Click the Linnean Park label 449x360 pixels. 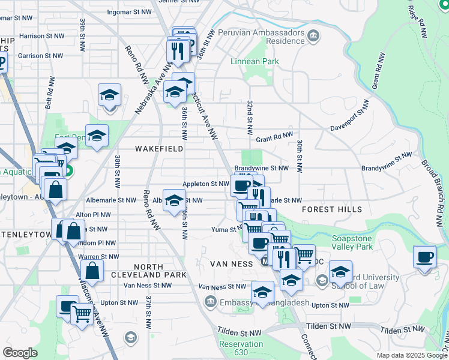coord(255,61)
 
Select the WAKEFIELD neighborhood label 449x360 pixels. coord(158,148)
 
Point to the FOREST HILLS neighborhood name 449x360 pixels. coord(332,209)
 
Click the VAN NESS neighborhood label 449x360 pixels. coord(232,264)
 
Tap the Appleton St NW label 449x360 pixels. coord(206,184)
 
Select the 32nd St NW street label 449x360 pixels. coord(249,117)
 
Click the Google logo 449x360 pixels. coord(20,353)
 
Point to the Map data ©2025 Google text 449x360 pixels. coord(411,355)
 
